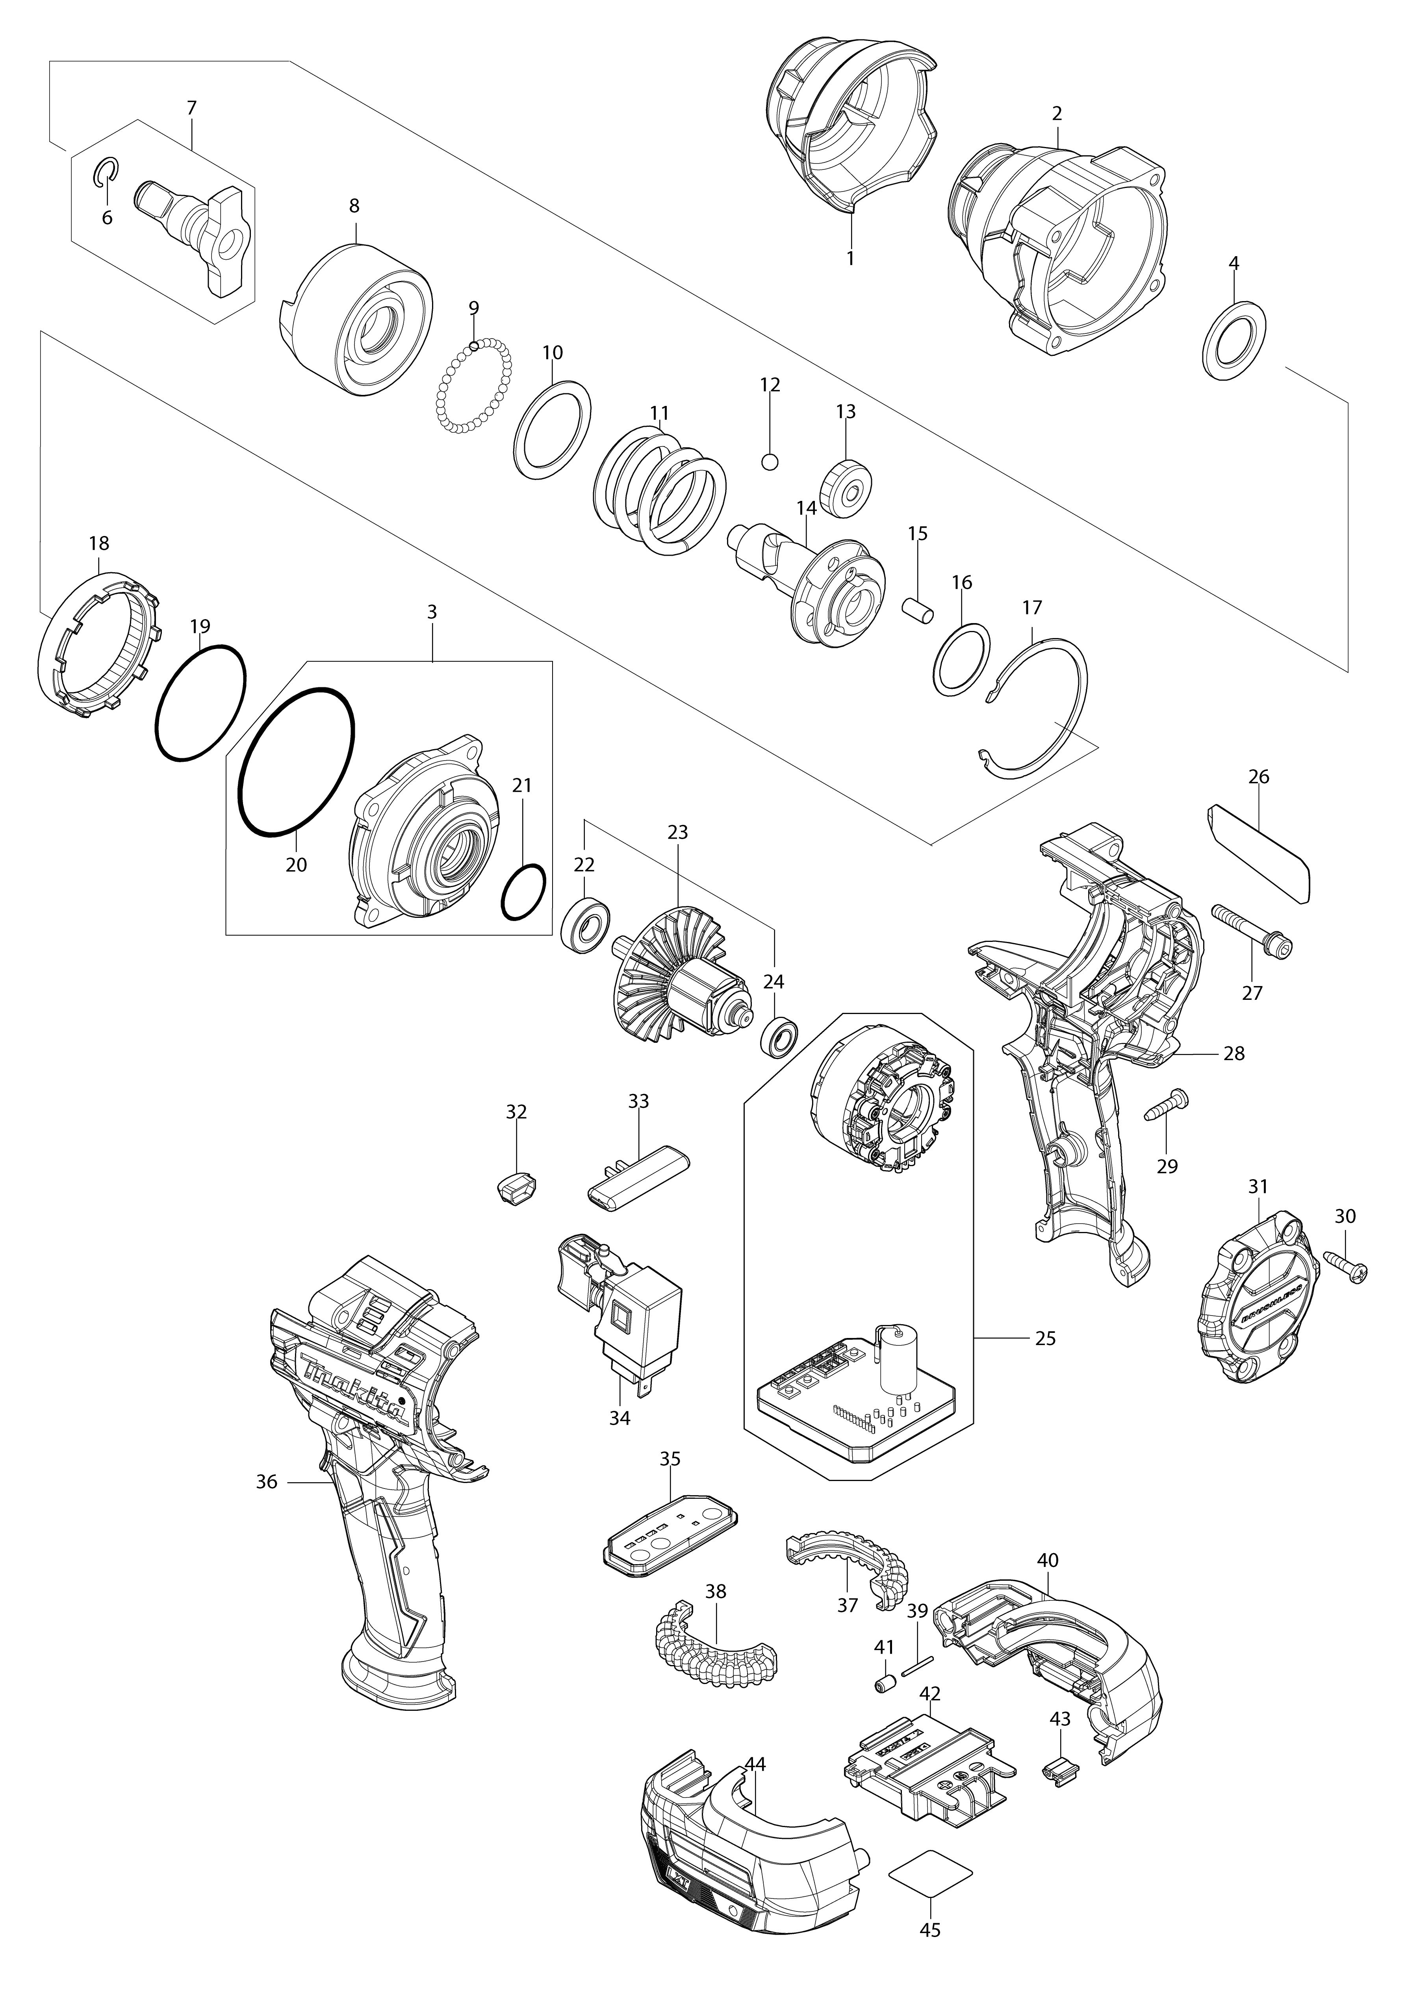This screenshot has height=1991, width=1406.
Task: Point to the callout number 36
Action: pos(266,1482)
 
